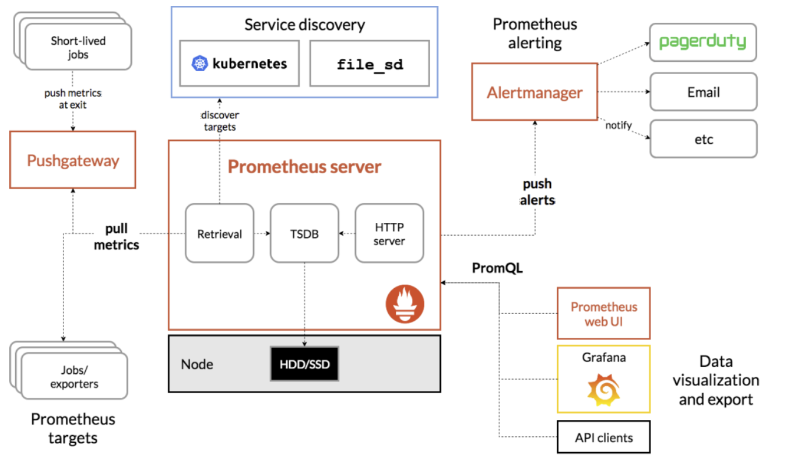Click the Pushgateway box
tap(73, 160)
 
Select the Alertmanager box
tap(535, 92)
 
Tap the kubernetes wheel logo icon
tap(200, 64)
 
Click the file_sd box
tap(370, 64)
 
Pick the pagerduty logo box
tap(703, 42)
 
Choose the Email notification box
tap(704, 92)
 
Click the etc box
tap(704, 139)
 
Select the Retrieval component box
tap(219, 233)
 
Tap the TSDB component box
tap(304, 233)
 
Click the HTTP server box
tap(389, 233)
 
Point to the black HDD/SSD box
tap(304, 364)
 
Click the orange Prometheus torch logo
tap(405, 304)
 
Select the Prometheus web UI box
tap(603, 313)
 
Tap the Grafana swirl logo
tap(603, 390)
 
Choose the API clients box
tap(603, 437)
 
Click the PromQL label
tap(497, 268)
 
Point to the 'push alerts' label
tap(537, 192)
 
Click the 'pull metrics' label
tap(116, 236)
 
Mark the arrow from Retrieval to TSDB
tap(262, 233)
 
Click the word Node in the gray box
tap(197, 364)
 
